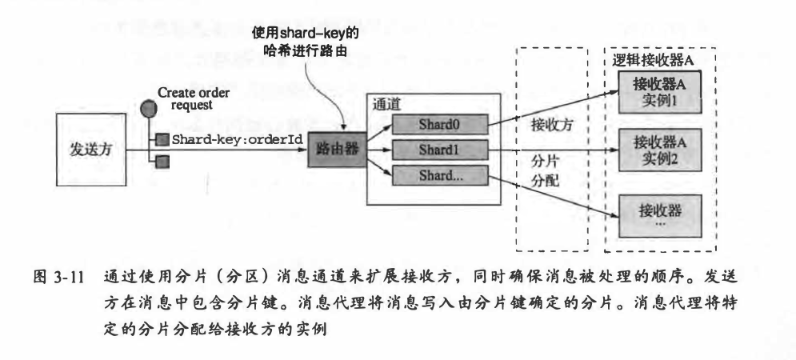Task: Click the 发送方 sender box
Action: click(x=90, y=150)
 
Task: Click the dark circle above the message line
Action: click(x=146, y=109)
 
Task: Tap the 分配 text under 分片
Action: click(x=549, y=182)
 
